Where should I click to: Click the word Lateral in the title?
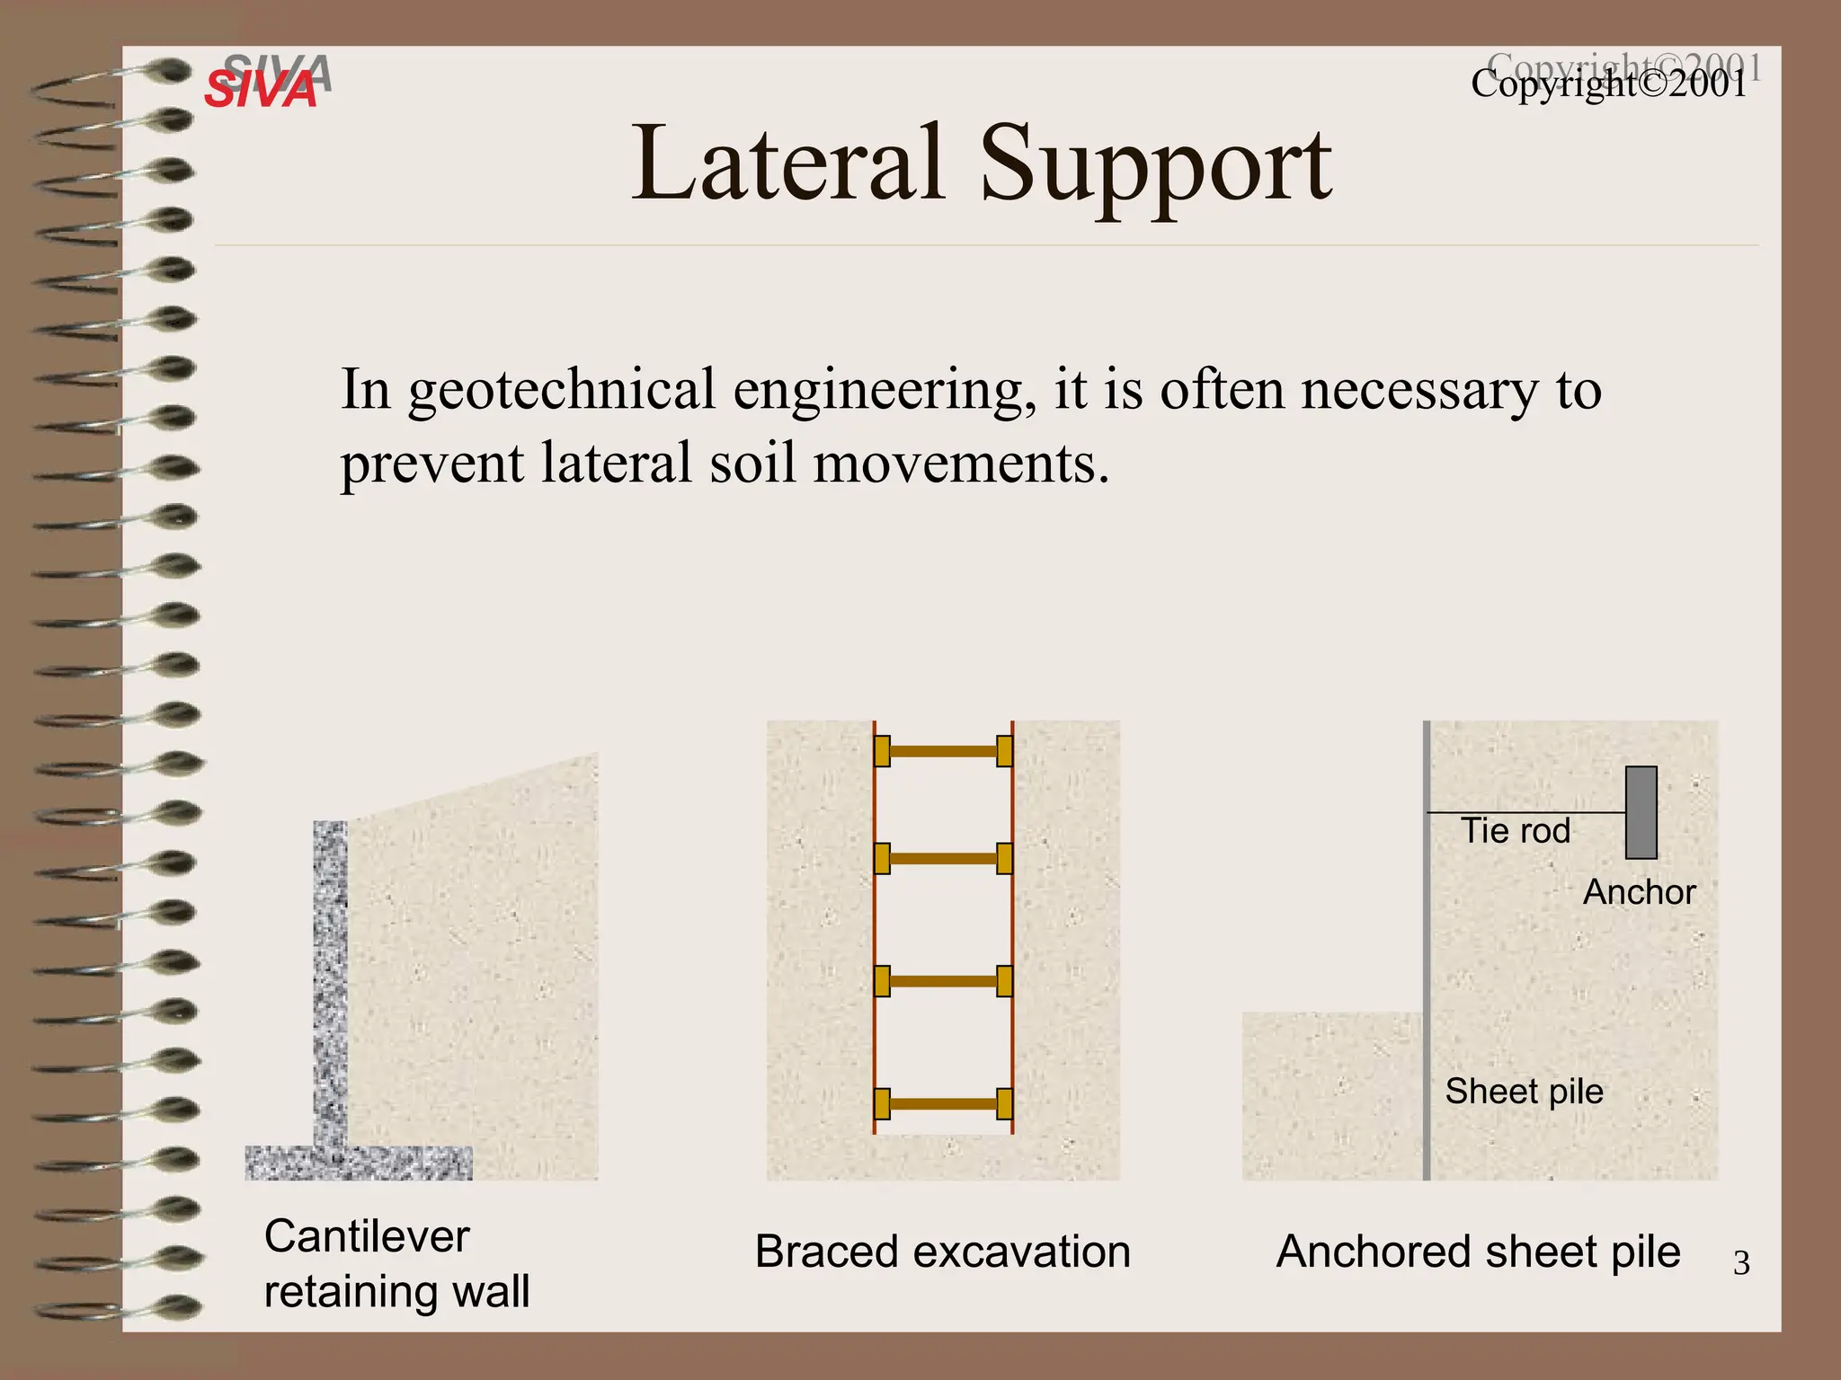pyautogui.click(x=787, y=164)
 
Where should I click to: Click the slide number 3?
pyautogui.click(x=1741, y=1263)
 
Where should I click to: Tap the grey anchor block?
pyautogui.click(x=1641, y=812)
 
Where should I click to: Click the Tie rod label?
pyautogui.click(x=1516, y=831)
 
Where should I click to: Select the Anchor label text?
pyautogui.click(x=1639, y=892)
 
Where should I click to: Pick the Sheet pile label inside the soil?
pyautogui.click(x=1524, y=1092)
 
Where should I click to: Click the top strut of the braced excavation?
pyautogui.click(x=943, y=751)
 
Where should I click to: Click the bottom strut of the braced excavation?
pyautogui.click(x=943, y=1103)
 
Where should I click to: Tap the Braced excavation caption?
pyautogui.click(x=942, y=1252)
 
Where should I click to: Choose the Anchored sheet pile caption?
pyautogui.click(x=1478, y=1252)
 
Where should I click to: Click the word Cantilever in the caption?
pyautogui.click(x=367, y=1236)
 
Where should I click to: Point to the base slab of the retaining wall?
pyautogui.click(x=358, y=1163)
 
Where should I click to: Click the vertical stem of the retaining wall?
pyautogui.click(x=330, y=979)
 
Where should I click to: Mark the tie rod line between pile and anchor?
pyautogui.click(x=1526, y=812)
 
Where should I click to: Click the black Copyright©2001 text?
pyautogui.click(x=1609, y=85)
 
